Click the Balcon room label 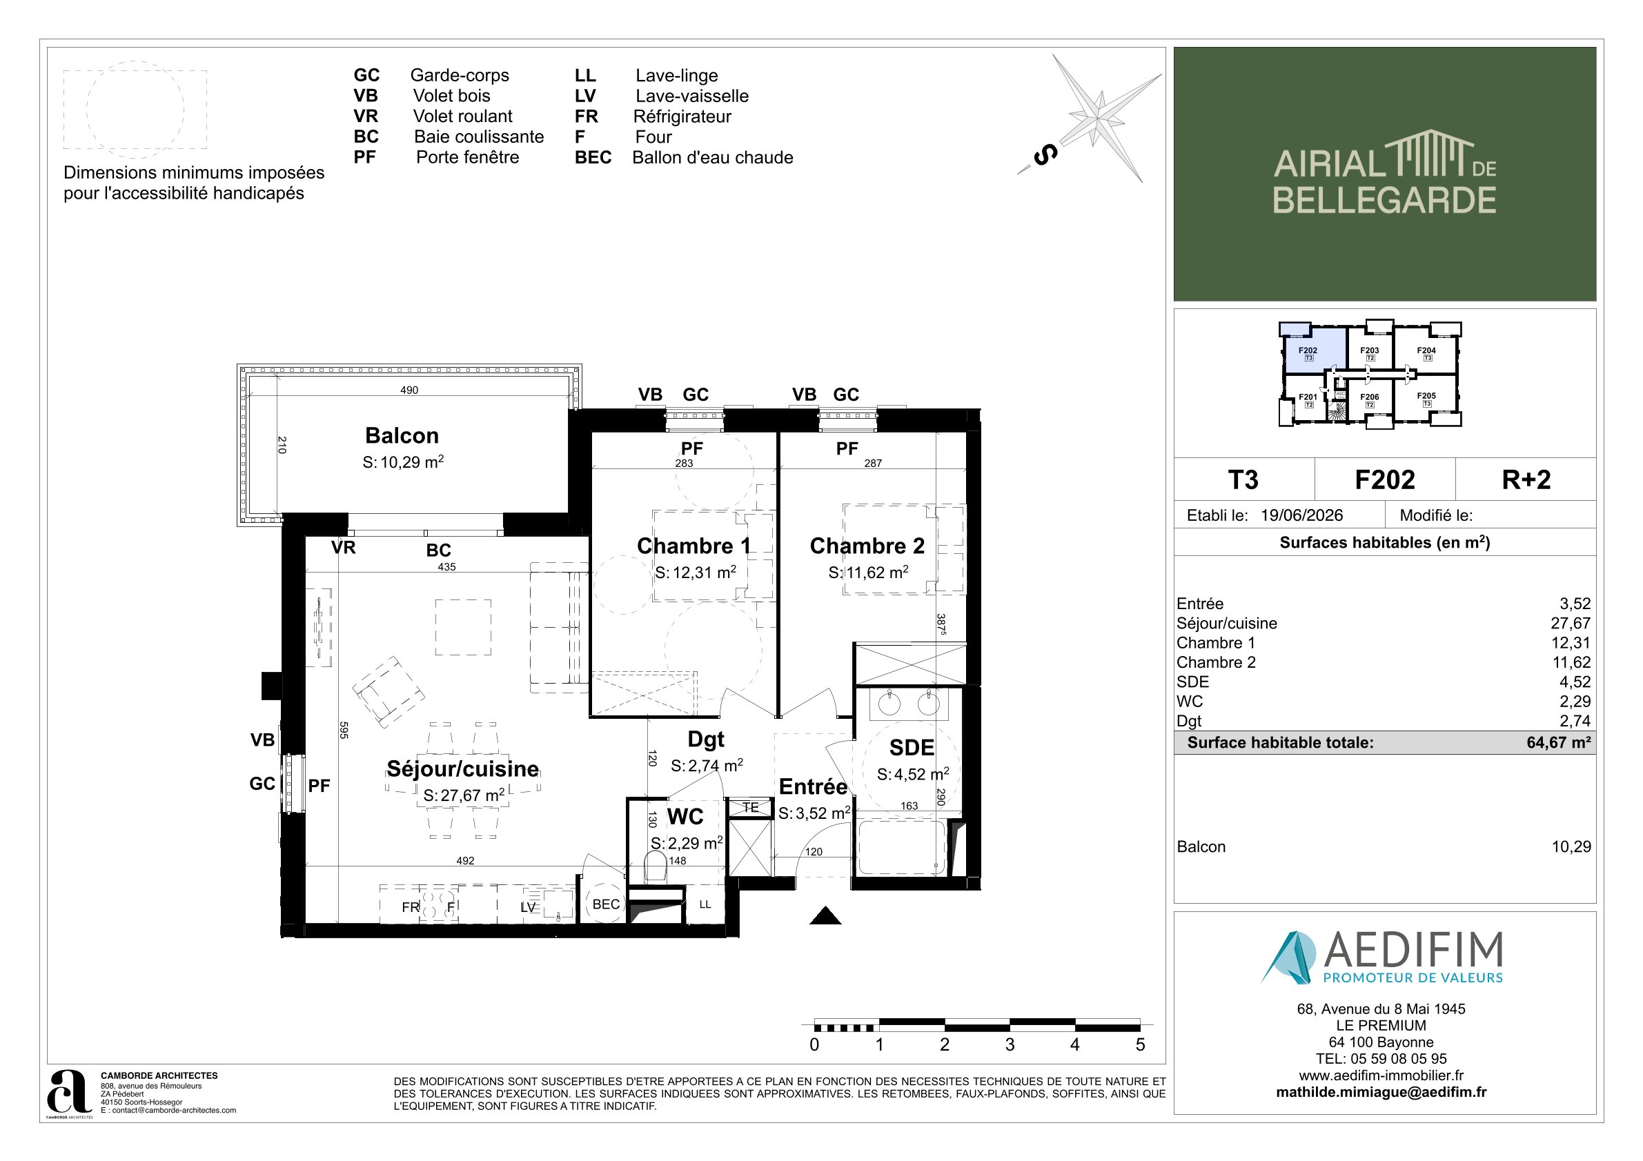[402, 436]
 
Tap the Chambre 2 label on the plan [867, 546]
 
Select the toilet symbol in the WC [656, 867]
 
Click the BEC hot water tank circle [605, 904]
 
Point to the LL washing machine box [705, 904]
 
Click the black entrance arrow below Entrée [825, 915]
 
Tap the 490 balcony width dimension [409, 390]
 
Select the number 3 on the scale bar [1010, 1044]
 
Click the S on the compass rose [1045, 155]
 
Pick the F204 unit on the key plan [1426, 353]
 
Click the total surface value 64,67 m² [1559, 742]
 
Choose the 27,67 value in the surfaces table [1571, 623]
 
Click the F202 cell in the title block [1385, 479]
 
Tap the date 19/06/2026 [1301, 515]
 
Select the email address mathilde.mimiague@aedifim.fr [1381, 1092]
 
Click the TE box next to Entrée [750, 808]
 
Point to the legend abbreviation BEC [593, 157]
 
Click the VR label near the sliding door [344, 548]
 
